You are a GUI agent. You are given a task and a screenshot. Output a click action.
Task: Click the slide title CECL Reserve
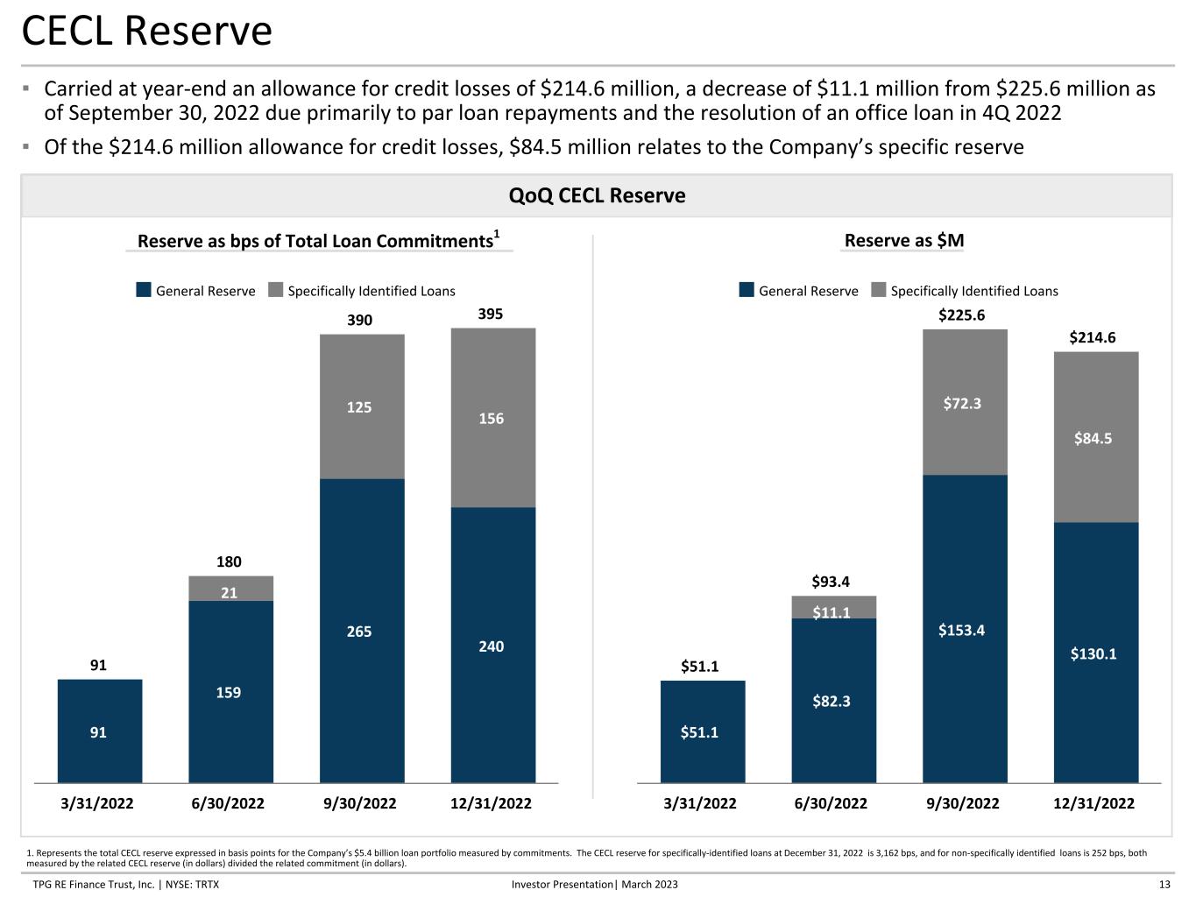(x=146, y=31)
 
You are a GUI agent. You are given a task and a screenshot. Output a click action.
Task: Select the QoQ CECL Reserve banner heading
(x=598, y=195)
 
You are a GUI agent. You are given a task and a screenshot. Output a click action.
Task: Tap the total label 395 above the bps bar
(x=491, y=314)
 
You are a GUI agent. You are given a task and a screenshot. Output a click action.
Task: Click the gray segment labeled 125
(x=362, y=406)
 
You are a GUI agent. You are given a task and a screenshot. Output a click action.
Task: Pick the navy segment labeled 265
(x=362, y=631)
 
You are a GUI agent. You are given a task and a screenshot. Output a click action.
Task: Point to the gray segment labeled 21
(x=231, y=589)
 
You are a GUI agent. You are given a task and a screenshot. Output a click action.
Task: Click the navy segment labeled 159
(x=231, y=692)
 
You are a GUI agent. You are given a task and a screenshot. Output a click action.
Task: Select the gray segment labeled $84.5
(x=1096, y=437)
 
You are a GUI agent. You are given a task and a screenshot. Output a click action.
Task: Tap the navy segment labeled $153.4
(x=965, y=629)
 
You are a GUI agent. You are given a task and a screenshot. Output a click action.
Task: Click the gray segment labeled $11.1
(x=833, y=607)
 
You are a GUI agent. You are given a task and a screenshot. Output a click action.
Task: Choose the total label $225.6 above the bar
(x=962, y=315)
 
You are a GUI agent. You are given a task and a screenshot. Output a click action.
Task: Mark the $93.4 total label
(x=831, y=582)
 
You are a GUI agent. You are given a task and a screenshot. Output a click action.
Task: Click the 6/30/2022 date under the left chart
(x=228, y=803)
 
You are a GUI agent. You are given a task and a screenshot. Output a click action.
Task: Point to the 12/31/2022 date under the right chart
(x=1093, y=803)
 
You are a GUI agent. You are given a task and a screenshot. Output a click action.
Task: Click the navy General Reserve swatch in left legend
(x=144, y=290)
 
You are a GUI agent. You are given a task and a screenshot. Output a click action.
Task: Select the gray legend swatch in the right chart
(x=878, y=290)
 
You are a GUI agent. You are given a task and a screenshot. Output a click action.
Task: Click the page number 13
(x=1164, y=885)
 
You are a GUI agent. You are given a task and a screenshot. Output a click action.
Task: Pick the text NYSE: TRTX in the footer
(x=193, y=885)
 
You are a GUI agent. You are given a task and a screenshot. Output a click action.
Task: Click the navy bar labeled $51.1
(x=703, y=732)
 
